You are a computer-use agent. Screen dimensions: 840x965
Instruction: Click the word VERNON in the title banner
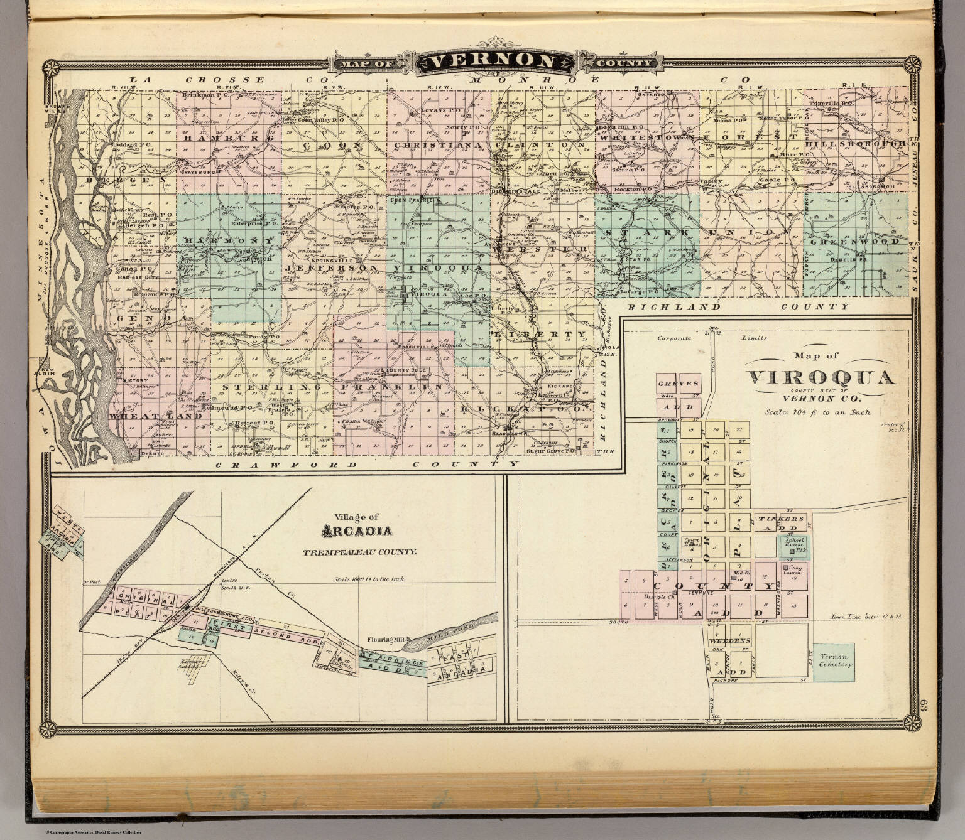(492, 62)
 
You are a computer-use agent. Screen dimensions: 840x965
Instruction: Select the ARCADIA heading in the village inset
(357, 531)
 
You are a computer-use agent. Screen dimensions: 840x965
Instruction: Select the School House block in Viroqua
(795, 543)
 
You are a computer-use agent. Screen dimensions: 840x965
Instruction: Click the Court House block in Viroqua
(692, 544)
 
